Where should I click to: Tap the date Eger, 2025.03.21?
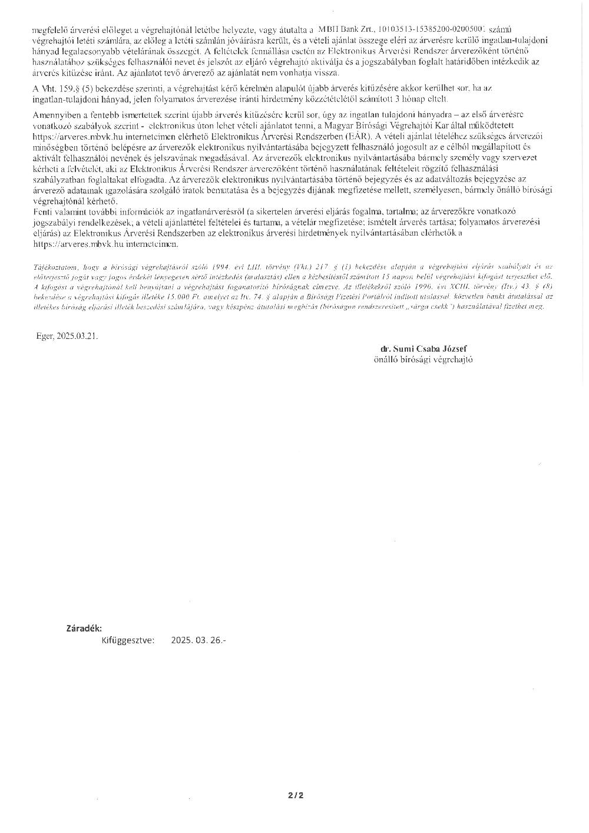[67, 335]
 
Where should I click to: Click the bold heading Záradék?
[84, 629]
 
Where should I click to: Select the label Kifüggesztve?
[128, 640]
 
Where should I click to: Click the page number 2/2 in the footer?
[296, 795]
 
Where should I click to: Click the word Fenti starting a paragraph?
[44, 211]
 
